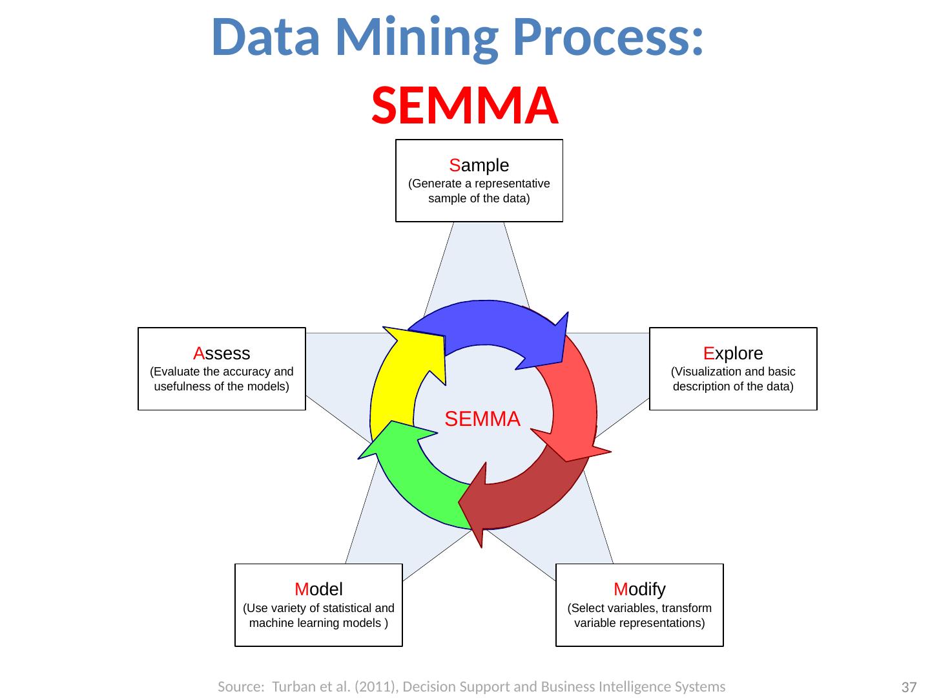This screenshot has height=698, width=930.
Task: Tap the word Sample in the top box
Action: (x=479, y=165)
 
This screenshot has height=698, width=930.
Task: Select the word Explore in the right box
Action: (x=733, y=354)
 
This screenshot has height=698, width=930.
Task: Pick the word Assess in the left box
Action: (x=222, y=354)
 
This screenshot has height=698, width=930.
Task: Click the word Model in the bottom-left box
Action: (x=318, y=589)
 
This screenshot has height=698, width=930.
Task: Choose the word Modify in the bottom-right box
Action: (x=639, y=589)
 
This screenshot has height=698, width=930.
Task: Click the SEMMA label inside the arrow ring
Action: (x=482, y=419)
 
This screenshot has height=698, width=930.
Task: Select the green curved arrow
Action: (x=413, y=478)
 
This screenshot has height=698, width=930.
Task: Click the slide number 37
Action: (x=909, y=687)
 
